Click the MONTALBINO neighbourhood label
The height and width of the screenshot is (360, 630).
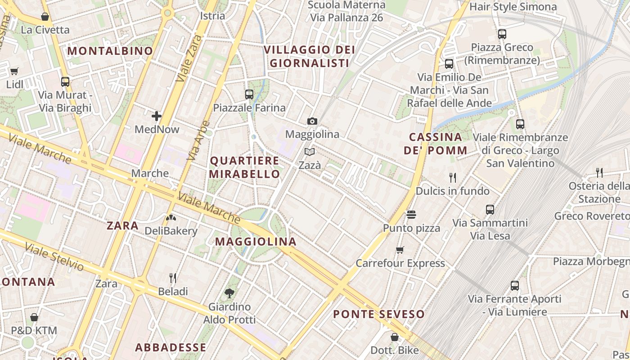click(x=110, y=51)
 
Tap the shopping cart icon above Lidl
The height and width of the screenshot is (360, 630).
click(x=14, y=71)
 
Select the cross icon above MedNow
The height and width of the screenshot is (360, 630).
click(x=157, y=116)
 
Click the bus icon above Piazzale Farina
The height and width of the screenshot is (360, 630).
click(x=249, y=94)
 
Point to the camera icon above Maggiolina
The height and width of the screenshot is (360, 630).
click(x=312, y=121)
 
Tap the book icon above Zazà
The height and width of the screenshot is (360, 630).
click(x=310, y=152)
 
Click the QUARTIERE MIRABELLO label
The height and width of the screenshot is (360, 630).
click(x=245, y=167)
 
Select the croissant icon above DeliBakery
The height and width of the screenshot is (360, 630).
click(x=171, y=218)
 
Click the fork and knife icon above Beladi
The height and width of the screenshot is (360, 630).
click(x=172, y=278)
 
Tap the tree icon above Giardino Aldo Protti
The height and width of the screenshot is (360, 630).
click(x=229, y=293)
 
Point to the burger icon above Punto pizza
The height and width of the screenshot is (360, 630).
click(x=411, y=214)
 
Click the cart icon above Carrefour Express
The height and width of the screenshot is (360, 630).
click(x=400, y=249)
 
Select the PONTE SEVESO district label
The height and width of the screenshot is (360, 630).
click(x=379, y=314)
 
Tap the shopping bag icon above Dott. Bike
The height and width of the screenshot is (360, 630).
click(x=394, y=337)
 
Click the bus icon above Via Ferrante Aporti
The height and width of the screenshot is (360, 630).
click(x=515, y=285)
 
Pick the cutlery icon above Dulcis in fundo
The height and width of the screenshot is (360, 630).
click(x=453, y=177)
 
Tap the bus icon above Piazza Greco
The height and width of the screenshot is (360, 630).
click(x=502, y=34)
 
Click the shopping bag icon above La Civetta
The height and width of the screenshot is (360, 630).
click(x=45, y=17)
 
